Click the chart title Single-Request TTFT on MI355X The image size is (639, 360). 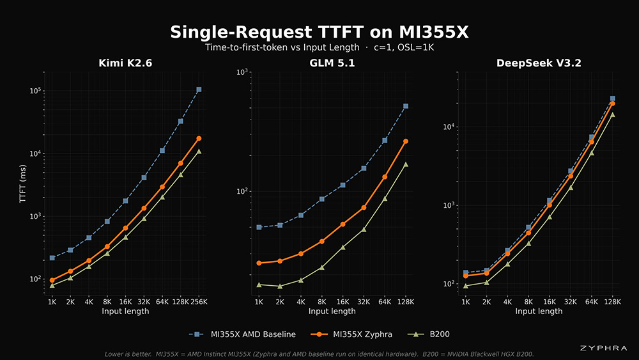(x=319, y=32)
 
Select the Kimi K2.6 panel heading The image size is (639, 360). (x=125, y=63)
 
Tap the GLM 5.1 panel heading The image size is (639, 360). (x=332, y=63)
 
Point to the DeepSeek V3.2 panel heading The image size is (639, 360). (x=539, y=63)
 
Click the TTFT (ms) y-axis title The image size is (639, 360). (x=22, y=184)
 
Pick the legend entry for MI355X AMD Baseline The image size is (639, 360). (x=242, y=334)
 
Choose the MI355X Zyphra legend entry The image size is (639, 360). (x=351, y=334)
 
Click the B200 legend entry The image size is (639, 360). (x=429, y=334)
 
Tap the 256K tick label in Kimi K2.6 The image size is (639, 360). (x=199, y=302)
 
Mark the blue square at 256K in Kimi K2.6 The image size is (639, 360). (x=199, y=90)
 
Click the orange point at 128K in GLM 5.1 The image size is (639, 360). (x=406, y=141)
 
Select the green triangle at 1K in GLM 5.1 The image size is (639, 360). (x=259, y=285)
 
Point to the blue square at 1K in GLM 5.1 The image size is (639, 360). (x=259, y=227)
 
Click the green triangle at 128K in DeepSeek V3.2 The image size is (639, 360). (x=612, y=114)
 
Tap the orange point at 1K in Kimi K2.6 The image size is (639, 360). (x=52, y=280)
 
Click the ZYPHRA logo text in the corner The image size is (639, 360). (x=604, y=348)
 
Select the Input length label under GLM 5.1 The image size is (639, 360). (x=332, y=311)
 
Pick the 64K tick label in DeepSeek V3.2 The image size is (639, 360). (x=591, y=302)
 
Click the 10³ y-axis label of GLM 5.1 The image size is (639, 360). (x=242, y=72)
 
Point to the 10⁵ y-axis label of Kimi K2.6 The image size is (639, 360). (x=35, y=91)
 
